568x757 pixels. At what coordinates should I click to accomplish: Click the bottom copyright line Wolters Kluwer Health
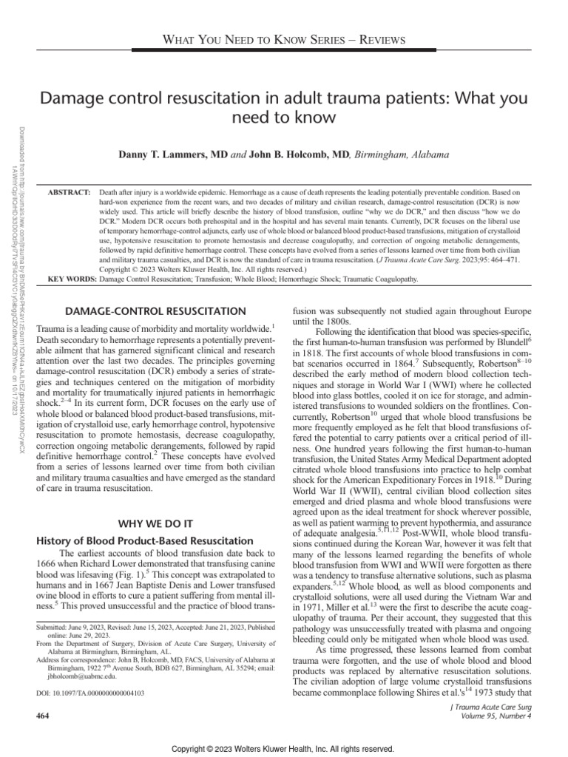click(x=283, y=747)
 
